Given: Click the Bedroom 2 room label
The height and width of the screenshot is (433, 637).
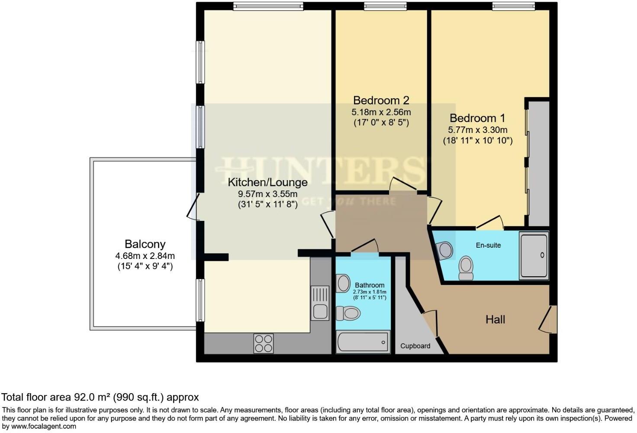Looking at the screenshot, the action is (381, 100).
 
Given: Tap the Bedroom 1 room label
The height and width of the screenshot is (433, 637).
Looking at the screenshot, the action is (477, 118).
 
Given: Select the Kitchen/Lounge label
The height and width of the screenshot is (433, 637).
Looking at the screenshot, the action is (267, 182).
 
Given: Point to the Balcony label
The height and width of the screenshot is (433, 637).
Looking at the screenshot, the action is (145, 244).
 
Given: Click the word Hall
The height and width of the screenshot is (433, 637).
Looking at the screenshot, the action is (495, 320).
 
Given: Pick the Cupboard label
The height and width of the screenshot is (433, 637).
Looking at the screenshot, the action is (415, 346).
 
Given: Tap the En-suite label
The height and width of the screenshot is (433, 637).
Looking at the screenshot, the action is (488, 245).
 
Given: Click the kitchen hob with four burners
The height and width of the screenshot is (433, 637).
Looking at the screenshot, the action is (264, 343).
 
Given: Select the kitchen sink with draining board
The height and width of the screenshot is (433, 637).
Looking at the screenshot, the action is (320, 303).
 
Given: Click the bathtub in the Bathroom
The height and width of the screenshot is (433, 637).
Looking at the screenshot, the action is (363, 342).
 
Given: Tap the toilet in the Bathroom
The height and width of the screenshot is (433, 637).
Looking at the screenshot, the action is (348, 313).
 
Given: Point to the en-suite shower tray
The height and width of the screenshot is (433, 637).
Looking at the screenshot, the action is (534, 255).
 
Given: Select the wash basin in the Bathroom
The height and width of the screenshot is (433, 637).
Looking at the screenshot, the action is (343, 283).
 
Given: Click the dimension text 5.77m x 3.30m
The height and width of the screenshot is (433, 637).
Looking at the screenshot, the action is (478, 130).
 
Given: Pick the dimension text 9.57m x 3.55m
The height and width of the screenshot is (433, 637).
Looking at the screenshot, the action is (267, 194).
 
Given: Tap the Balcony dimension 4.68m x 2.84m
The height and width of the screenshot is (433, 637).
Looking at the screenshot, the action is (145, 256).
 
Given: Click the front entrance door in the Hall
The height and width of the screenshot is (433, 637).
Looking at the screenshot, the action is (548, 319).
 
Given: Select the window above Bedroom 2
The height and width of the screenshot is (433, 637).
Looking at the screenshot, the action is (385, 6).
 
